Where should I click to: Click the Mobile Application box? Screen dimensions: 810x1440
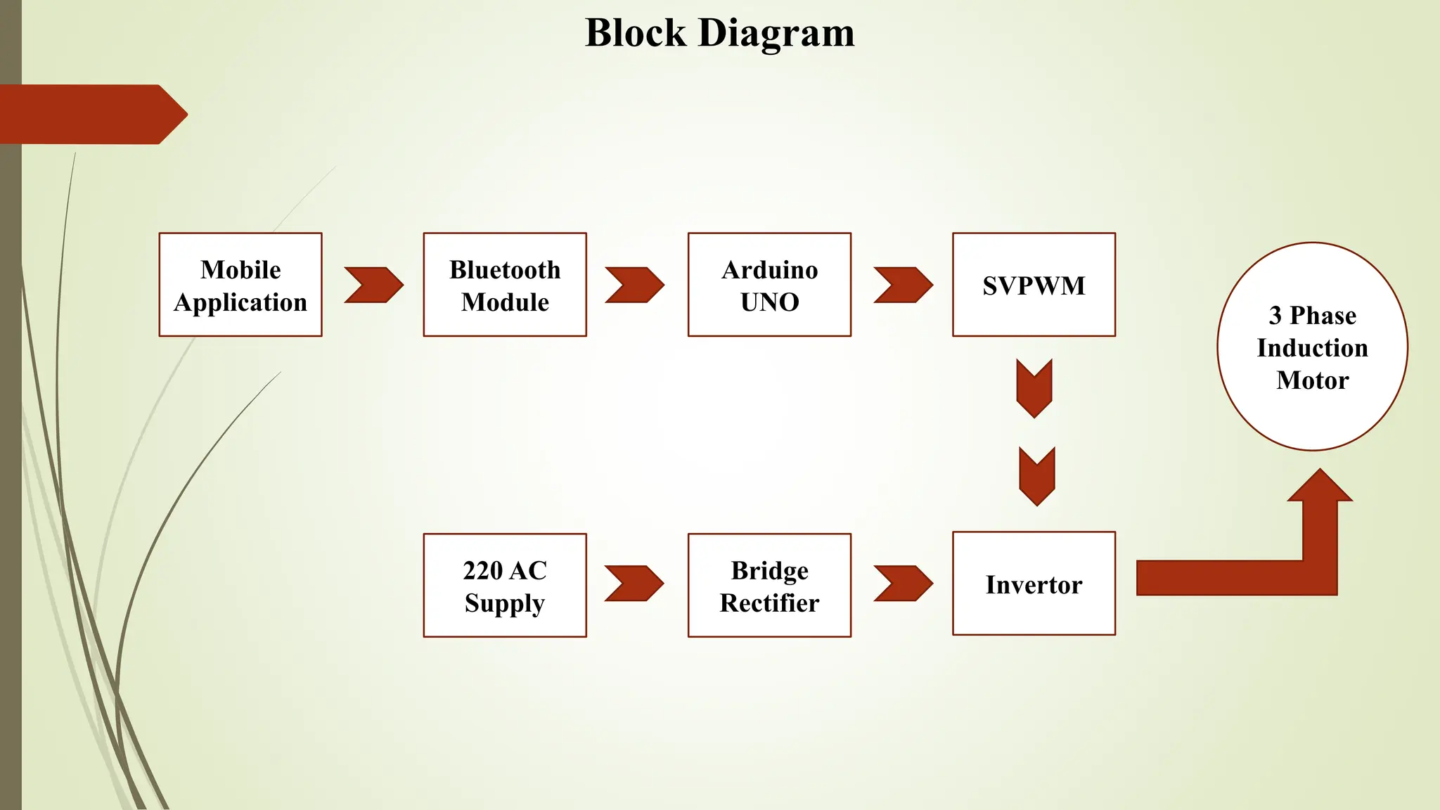pos(240,285)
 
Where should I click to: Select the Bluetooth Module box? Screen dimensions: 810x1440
pos(505,285)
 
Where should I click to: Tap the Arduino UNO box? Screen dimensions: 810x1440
pos(769,285)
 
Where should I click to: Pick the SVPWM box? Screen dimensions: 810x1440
pos(1034,285)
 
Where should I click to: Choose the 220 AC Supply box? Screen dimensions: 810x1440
pos(505,586)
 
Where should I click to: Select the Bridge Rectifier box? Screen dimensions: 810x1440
pos(769,586)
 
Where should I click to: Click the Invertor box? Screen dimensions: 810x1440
pos(1034,584)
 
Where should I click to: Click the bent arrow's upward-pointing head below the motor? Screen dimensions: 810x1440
pos(1320,489)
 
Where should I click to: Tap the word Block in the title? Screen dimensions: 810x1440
pos(636,33)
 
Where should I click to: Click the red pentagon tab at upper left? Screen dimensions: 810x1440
pos(91,115)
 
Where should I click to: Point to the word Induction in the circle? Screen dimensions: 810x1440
pos(1312,348)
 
